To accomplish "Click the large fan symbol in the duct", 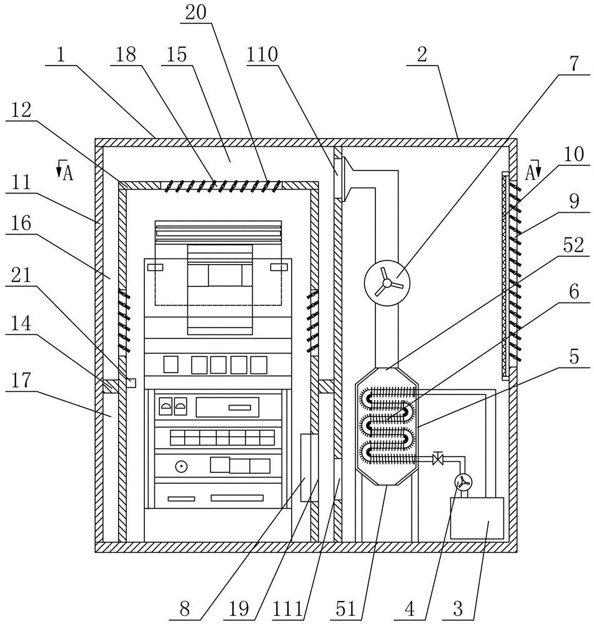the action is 387,283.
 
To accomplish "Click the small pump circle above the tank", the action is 463,482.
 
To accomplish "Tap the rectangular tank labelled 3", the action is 477,518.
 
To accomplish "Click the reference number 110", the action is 262,54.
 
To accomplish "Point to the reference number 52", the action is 573,245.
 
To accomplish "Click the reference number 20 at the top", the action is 196,12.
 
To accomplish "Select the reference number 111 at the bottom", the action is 288,609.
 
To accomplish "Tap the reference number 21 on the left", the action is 21,275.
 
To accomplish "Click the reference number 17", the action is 21,380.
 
